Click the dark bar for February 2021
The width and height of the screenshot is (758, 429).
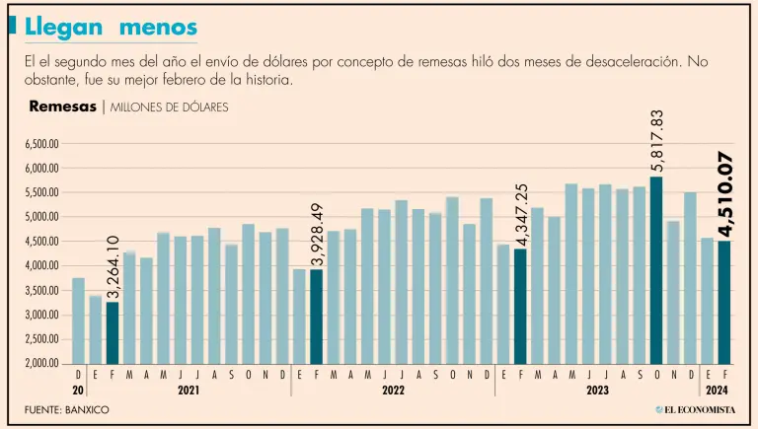coord(113,332)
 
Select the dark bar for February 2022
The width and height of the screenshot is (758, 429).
coord(317,317)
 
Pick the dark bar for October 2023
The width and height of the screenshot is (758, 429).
coord(656,270)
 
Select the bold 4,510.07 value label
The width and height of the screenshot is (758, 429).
coord(725,195)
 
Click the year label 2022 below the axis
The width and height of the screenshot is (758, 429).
coord(393,391)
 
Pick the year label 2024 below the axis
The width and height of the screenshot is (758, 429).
coord(717,391)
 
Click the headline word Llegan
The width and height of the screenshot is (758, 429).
coord(60,27)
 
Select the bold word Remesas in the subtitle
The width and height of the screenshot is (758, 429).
coord(61,106)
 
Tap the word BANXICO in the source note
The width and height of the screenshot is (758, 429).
coord(87,409)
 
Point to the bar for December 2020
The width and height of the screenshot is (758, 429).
coord(78,321)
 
